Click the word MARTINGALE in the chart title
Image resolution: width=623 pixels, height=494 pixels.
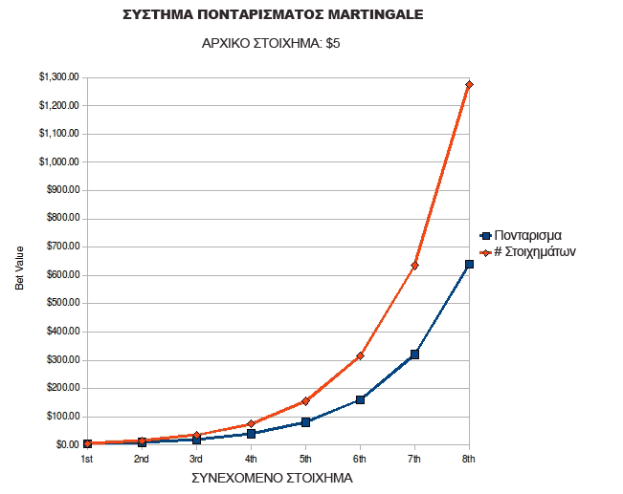(x=366, y=15)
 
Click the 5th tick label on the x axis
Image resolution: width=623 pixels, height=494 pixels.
(x=305, y=460)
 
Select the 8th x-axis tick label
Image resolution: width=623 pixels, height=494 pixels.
(x=469, y=460)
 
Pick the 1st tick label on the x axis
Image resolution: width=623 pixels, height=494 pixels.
(x=87, y=460)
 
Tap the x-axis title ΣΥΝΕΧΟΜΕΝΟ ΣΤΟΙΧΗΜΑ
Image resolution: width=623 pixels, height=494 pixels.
(x=272, y=478)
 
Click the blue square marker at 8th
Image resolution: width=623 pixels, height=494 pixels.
(x=469, y=264)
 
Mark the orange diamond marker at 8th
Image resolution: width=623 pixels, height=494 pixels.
(x=469, y=85)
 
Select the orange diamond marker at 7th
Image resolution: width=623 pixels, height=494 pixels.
(x=414, y=266)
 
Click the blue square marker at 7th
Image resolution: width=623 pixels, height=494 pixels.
(x=414, y=354)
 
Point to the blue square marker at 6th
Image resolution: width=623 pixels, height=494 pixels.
(x=360, y=399)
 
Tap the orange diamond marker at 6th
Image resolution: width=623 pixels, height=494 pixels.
(x=360, y=355)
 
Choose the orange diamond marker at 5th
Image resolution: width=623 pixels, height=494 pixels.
(x=305, y=401)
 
